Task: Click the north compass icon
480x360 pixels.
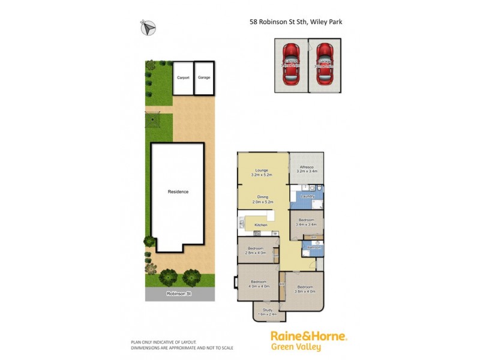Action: tap(149, 27)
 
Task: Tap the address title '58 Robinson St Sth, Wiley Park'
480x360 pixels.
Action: tap(296, 22)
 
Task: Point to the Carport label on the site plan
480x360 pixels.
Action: tap(183, 77)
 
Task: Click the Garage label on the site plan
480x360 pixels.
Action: tap(204, 77)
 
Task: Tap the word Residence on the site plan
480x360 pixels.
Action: tap(178, 192)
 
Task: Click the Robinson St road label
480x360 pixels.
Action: tap(179, 294)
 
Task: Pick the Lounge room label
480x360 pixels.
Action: tap(262, 170)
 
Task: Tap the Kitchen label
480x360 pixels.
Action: tap(260, 224)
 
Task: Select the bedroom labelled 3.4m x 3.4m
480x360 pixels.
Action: tap(307, 223)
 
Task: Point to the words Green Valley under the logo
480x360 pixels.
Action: tap(296, 347)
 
